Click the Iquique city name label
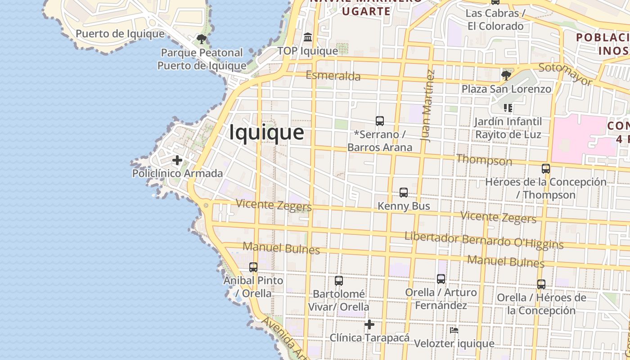266,133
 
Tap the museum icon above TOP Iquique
308,37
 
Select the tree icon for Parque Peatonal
202,39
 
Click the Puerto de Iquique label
120,34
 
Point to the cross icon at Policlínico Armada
177,160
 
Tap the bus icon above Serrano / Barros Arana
380,121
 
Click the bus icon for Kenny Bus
404,193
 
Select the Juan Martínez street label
428,106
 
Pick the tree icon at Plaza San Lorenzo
506,75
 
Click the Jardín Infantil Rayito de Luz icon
508,108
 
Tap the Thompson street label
484,160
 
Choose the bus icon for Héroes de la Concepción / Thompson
546,169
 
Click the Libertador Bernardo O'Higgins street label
484,240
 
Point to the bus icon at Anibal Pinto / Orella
253,267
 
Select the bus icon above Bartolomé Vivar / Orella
339,281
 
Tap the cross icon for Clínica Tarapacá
369,324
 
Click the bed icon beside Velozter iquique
454,330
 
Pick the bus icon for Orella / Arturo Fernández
441,279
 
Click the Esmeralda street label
333,76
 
